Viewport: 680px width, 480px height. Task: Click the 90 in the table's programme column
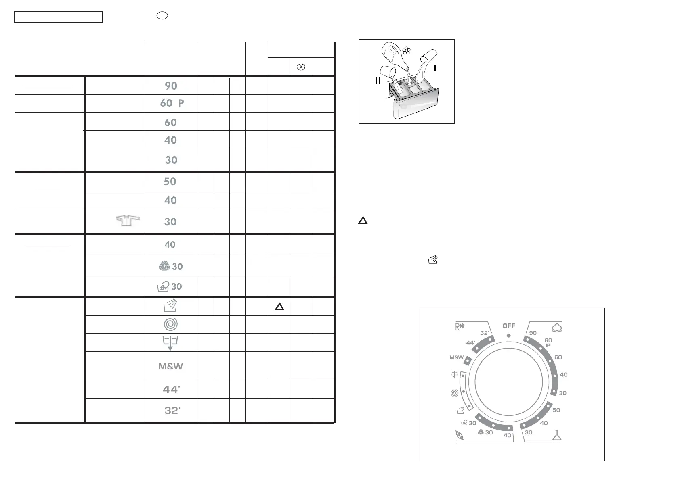pos(171,86)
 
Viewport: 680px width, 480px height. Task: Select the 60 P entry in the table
pos(172,103)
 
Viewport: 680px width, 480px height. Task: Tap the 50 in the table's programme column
pos(170,182)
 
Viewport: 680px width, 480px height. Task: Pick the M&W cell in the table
pos(170,367)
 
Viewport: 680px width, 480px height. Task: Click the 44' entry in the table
pos(172,389)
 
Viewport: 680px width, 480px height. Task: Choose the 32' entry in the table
pos(172,411)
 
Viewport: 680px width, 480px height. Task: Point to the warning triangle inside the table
pos(279,307)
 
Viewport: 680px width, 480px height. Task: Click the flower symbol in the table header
pos(301,67)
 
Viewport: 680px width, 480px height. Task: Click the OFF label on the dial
pos(509,326)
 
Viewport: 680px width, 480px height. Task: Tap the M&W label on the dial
pos(456,358)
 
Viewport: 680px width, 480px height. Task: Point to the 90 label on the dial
pos(533,333)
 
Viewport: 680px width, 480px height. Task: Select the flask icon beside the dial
pos(557,435)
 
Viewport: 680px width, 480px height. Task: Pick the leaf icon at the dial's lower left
pos(459,435)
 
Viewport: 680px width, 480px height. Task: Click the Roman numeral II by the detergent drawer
pos(378,81)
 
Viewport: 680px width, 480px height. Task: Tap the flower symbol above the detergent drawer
pos(407,51)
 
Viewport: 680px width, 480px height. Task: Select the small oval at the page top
pos(162,16)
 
